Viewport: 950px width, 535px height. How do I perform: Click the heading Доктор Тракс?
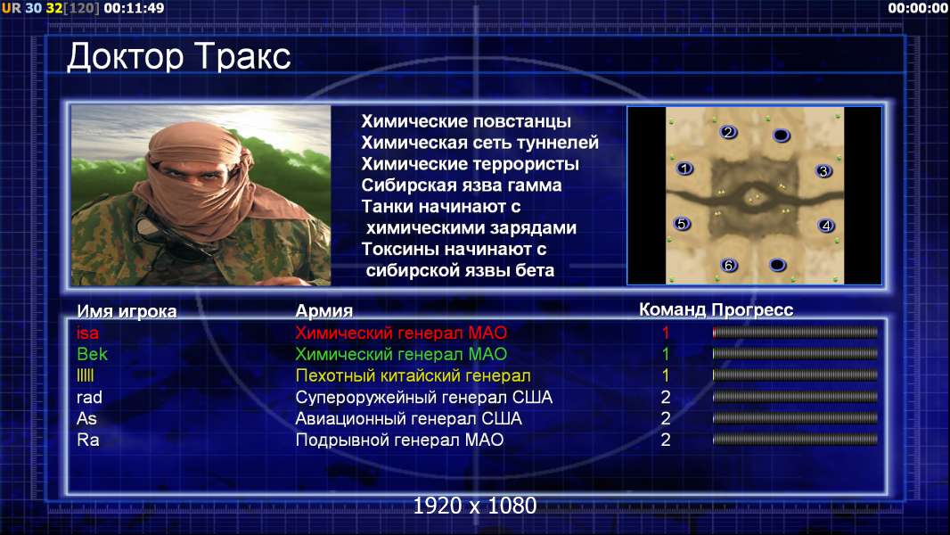(x=179, y=57)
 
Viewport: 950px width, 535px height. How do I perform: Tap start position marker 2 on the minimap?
(x=728, y=132)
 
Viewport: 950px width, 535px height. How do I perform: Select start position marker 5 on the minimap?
(x=682, y=224)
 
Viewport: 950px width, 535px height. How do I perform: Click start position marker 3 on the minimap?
(x=823, y=171)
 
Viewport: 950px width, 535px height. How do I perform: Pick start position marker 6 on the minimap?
(x=729, y=265)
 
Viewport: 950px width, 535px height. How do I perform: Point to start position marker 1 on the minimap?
(x=684, y=169)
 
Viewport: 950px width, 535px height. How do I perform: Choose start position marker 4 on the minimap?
(x=826, y=226)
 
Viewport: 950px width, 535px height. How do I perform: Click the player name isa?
(x=87, y=333)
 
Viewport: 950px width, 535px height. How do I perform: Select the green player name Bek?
(x=92, y=354)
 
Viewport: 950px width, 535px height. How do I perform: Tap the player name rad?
(x=89, y=398)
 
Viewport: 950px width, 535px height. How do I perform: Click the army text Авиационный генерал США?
(x=408, y=419)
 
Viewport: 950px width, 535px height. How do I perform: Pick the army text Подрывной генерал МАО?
(x=399, y=440)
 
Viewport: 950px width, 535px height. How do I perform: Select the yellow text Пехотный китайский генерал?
(x=414, y=375)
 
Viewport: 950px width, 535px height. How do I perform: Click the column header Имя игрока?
(x=127, y=311)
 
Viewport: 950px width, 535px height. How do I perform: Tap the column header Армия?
(x=324, y=311)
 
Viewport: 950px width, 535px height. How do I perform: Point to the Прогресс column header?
(x=752, y=310)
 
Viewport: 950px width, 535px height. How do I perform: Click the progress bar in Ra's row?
(x=795, y=440)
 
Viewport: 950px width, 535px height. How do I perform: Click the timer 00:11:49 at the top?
(x=134, y=9)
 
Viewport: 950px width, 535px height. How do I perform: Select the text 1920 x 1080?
(x=475, y=506)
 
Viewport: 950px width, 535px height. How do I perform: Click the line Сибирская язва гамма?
(x=462, y=185)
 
